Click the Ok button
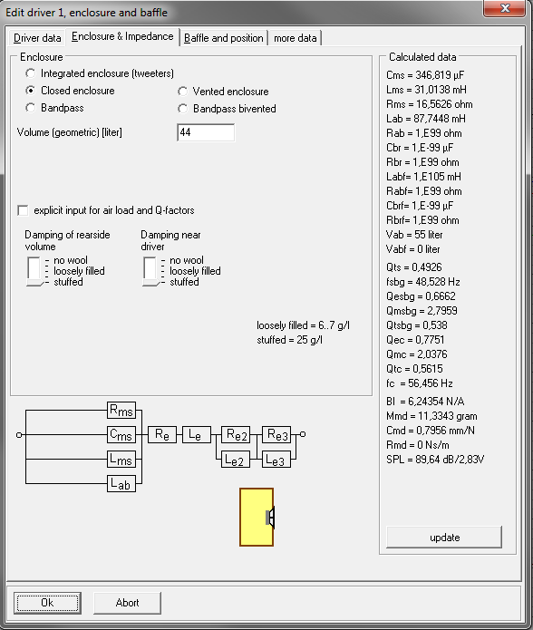pos(47,603)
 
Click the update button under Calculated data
pos(444,538)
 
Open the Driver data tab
pos(37,38)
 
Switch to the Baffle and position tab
pos(224,38)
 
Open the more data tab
pos(296,38)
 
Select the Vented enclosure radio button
pos(183,92)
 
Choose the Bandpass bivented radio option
pos(183,109)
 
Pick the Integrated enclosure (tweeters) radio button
pos(30,73)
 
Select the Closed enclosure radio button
pos(30,91)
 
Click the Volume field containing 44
pos(206,132)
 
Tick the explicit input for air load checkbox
pos(23,210)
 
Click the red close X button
pos(505,8)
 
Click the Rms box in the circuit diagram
pos(121,411)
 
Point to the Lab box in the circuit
pos(121,483)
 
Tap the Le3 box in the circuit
pos(276,460)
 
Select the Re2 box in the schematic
pos(236,435)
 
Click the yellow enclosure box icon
pos(257,517)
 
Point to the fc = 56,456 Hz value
pos(420,383)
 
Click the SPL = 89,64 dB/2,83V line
pos(435,460)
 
